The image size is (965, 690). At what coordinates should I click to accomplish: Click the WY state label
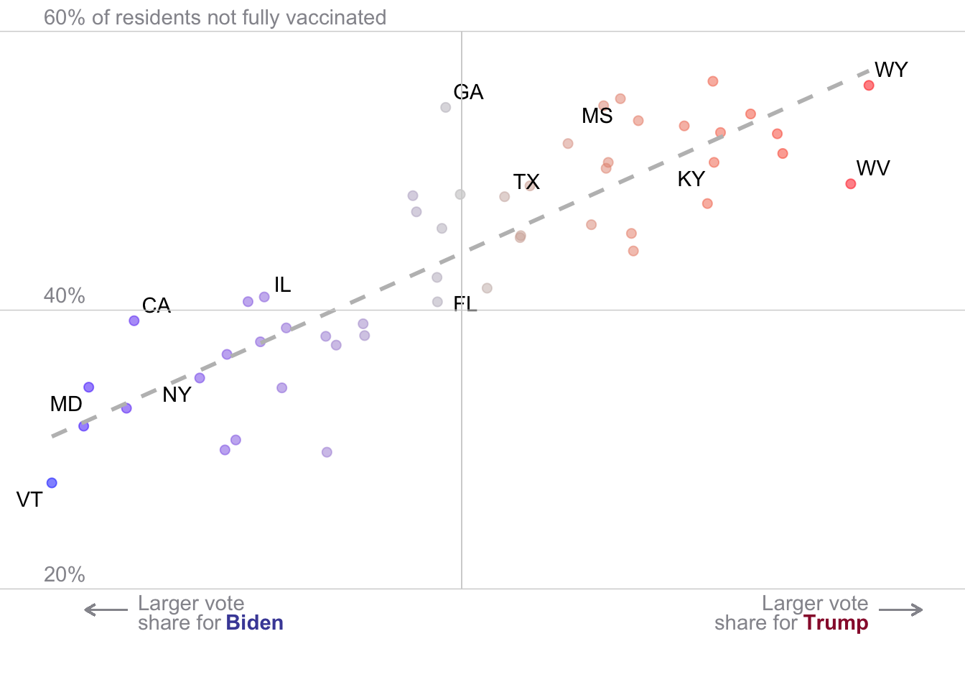coord(891,70)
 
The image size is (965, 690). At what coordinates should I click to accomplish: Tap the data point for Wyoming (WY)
coord(869,86)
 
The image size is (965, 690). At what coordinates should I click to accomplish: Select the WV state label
coord(873,168)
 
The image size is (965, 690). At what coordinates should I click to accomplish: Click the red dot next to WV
coord(851,184)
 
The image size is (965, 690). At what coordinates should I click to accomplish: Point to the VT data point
coord(52,483)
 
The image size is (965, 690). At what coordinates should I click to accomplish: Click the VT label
coord(29,500)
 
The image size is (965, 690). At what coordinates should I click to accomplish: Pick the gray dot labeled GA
coord(446,107)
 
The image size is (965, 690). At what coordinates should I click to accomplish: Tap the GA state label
coord(469,92)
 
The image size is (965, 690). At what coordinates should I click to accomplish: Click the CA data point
coord(134,321)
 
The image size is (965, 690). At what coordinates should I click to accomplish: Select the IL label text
coord(283,285)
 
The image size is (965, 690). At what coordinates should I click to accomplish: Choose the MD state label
coord(66,404)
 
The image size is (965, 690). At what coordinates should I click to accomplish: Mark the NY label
coord(177,395)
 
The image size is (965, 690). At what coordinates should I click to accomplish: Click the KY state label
coord(691,179)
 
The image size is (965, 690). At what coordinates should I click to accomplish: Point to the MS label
coord(597,116)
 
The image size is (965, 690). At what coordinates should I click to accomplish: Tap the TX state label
coord(526,182)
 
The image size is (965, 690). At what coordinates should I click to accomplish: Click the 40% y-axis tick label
coord(65,295)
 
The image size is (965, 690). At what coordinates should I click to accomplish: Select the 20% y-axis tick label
coord(65,574)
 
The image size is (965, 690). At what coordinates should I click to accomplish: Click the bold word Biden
coord(255,622)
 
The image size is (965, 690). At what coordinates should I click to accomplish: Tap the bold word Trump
coord(836,622)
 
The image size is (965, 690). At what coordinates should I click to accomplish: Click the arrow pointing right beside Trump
coord(901,610)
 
